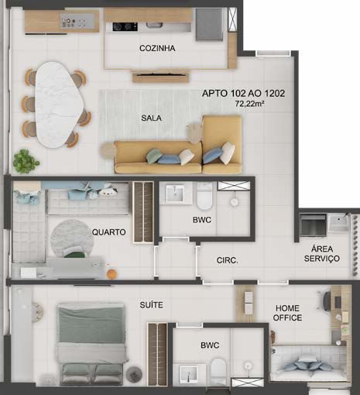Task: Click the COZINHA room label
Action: [x=157, y=48]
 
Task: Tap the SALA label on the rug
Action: [x=151, y=118]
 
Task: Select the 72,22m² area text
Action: [x=249, y=104]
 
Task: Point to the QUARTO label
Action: [x=109, y=232]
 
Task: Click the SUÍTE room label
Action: [x=152, y=305]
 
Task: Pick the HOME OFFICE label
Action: [x=287, y=313]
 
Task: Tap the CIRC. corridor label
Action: [x=227, y=260]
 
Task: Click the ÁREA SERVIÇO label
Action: [x=322, y=253]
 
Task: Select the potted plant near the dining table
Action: [x=26, y=161]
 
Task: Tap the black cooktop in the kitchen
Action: [x=125, y=26]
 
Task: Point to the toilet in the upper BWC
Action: [x=204, y=196]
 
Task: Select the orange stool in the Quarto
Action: [x=111, y=274]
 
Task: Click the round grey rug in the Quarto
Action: [x=71, y=239]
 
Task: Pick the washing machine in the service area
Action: [x=313, y=225]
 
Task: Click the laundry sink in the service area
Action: [x=338, y=224]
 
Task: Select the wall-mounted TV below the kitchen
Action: [x=161, y=75]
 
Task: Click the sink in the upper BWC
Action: [x=175, y=194]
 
